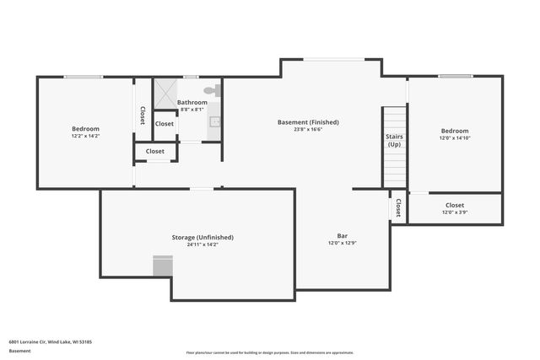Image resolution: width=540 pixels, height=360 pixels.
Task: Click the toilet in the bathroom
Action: click(210, 90)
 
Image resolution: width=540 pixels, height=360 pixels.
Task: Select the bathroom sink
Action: click(214, 121)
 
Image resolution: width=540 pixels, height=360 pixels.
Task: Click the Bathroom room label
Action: click(192, 102)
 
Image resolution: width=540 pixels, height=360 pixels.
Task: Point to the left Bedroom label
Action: click(85, 128)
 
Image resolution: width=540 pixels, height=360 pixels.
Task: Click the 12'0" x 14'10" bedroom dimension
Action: click(454, 138)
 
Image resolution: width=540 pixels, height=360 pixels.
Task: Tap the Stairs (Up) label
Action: click(394, 140)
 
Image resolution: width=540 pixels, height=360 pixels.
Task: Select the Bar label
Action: click(343, 236)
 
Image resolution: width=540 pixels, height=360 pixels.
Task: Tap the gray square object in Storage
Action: click(163, 266)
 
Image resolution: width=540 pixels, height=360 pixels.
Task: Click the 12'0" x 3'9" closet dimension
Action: click(454, 212)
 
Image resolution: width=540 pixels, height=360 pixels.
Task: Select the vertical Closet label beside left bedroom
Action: click(143, 116)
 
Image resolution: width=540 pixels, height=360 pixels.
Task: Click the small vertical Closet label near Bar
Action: click(397, 207)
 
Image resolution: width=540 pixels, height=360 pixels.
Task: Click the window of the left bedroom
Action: click(83, 77)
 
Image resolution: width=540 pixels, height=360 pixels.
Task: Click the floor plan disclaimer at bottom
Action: click(269, 352)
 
